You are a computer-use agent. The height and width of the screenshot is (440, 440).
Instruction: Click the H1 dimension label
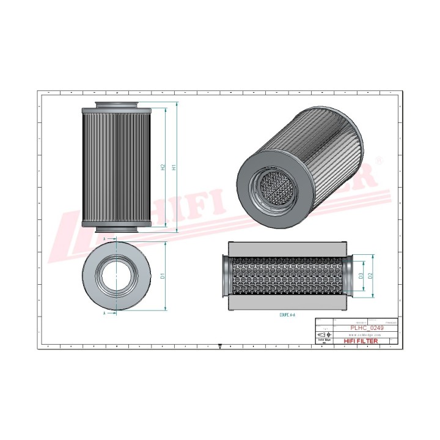[175, 167]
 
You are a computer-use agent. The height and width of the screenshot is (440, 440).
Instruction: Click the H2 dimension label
[163, 167]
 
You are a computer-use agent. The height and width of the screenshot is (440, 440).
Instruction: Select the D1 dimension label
[163, 276]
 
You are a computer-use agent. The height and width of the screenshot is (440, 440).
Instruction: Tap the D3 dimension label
[361, 276]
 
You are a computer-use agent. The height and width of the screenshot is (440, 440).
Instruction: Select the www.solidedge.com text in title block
[365, 335]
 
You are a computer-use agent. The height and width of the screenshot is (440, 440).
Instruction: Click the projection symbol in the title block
[323, 335]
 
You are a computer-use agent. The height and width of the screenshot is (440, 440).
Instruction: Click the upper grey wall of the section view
[287, 248]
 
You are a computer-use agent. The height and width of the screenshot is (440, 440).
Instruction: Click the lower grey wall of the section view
[287, 304]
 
